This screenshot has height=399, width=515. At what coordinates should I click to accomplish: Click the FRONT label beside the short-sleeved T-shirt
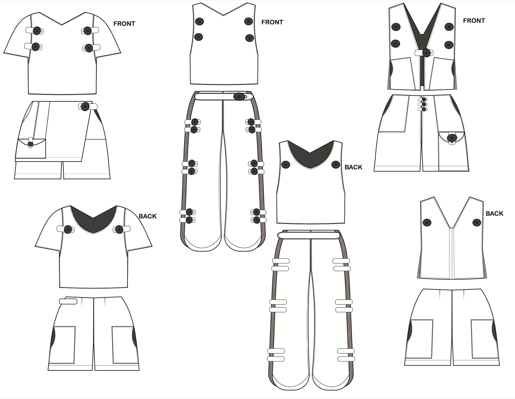(124, 24)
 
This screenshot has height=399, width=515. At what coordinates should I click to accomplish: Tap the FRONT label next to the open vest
(474, 21)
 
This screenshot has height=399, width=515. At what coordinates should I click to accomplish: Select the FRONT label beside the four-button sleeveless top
(272, 22)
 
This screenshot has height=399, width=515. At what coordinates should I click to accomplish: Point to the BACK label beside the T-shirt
(147, 216)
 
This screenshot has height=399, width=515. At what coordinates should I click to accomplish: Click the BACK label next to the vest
(494, 214)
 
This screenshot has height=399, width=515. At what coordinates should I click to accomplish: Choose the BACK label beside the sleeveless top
(353, 167)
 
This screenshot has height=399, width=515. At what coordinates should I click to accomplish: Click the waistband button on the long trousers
(239, 97)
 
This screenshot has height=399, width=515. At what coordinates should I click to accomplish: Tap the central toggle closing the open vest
(426, 53)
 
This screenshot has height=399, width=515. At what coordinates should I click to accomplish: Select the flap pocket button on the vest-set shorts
(452, 138)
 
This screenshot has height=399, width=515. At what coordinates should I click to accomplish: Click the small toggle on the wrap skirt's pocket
(30, 144)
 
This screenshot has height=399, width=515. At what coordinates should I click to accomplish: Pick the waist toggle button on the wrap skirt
(85, 106)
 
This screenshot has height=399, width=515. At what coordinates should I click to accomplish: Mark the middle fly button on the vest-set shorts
(424, 104)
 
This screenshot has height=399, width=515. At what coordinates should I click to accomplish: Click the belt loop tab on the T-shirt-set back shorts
(68, 302)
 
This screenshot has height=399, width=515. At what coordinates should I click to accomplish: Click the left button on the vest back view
(427, 223)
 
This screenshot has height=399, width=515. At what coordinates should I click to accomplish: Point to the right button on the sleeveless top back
(336, 165)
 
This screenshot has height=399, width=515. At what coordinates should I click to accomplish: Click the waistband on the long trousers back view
(309, 235)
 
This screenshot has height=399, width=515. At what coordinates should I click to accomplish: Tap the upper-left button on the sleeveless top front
(199, 21)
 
